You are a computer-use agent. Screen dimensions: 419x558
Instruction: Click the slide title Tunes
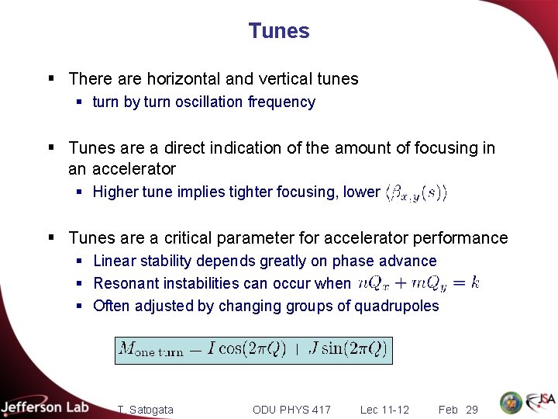pyautogui.click(x=279, y=31)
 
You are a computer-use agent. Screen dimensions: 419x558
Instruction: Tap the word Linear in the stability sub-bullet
pyautogui.click(x=115, y=261)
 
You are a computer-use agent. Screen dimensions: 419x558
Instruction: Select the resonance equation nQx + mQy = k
pyautogui.click(x=418, y=283)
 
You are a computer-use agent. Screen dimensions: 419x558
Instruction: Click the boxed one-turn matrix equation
pyautogui.click(x=253, y=349)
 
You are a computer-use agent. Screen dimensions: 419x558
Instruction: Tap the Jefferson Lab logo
pyautogui.click(x=45, y=407)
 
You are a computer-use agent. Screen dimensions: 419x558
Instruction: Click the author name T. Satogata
pyautogui.click(x=146, y=410)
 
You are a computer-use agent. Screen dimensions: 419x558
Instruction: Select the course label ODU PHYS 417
pyautogui.click(x=291, y=410)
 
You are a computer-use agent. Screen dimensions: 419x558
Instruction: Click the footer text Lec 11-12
pyautogui.click(x=384, y=410)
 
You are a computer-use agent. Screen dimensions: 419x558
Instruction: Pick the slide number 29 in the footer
pyautogui.click(x=472, y=410)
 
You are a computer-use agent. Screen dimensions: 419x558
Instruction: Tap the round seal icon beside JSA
pyautogui.click(x=511, y=403)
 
